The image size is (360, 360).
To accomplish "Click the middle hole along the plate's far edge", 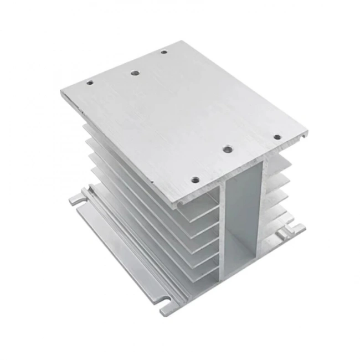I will click(x=134, y=72).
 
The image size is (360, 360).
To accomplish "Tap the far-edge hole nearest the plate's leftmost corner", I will click(x=90, y=83).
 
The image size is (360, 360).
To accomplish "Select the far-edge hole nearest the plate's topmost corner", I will click(x=164, y=52).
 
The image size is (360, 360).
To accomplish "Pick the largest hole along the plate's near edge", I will click(x=227, y=148).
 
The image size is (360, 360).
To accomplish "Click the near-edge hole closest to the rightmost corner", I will click(x=276, y=136).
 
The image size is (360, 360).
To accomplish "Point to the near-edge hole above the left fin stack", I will click(x=194, y=179).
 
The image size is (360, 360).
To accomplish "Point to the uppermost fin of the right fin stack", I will click(x=280, y=163).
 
